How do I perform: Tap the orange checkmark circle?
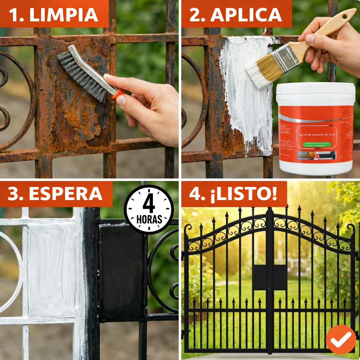[x=341, y=340]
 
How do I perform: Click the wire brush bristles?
[x=81, y=76]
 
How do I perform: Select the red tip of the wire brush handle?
[x=118, y=94]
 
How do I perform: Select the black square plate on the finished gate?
[x=269, y=277]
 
